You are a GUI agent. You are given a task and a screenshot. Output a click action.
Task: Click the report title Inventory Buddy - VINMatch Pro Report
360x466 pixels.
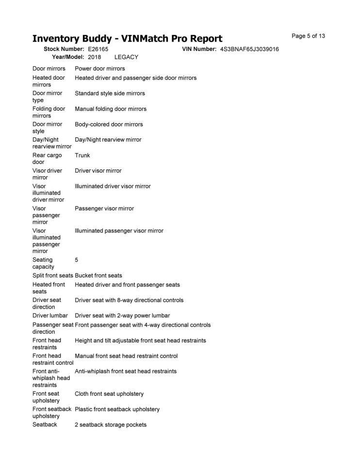(x=127, y=39)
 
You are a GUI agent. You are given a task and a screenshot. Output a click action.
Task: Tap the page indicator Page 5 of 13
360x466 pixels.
(x=308, y=36)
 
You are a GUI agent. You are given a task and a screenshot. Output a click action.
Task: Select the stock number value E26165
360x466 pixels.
(x=98, y=50)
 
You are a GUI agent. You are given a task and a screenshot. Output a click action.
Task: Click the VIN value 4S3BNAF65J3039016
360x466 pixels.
(x=249, y=50)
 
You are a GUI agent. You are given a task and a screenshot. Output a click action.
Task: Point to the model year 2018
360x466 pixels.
(x=95, y=57)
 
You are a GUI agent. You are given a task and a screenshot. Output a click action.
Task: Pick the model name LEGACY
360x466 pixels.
(x=126, y=57)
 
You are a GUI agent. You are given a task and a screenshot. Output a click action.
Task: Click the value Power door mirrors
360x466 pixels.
(x=100, y=69)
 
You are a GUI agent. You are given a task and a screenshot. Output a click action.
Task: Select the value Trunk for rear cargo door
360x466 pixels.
(x=82, y=155)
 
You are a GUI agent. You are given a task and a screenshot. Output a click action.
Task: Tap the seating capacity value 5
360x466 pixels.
(x=77, y=260)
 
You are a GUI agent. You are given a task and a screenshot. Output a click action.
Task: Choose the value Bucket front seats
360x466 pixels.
(x=98, y=276)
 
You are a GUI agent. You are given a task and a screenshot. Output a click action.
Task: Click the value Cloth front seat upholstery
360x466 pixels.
(x=109, y=394)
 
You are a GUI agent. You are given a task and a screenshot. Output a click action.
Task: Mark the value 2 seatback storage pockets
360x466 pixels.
(x=111, y=425)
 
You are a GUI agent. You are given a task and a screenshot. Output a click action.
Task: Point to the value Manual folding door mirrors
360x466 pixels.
(x=111, y=109)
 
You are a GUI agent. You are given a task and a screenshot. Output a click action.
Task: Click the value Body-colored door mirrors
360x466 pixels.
(x=109, y=124)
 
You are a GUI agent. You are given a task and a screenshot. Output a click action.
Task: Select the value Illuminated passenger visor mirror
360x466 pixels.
(x=119, y=231)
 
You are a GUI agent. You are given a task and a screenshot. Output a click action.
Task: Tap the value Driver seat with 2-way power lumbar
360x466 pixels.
(x=122, y=316)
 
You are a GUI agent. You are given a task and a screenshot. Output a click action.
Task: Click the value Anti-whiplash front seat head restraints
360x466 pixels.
(x=126, y=371)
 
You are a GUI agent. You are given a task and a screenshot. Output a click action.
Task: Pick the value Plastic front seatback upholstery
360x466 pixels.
(x=117, y=410)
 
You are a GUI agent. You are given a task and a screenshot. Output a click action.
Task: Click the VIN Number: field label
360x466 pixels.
(x=199, y=50)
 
